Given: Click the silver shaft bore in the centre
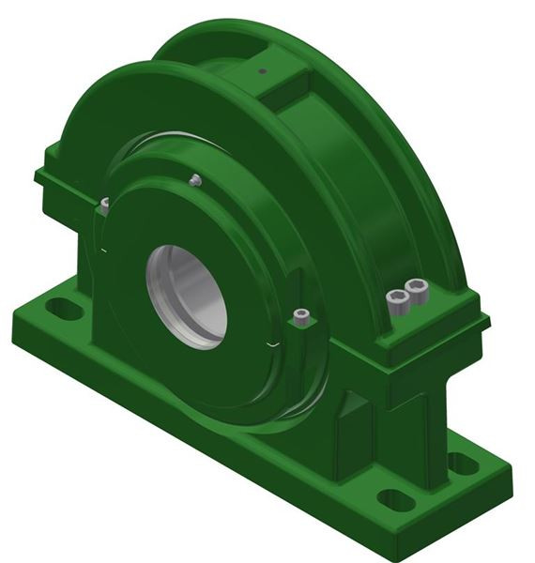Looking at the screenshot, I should pos(187,293).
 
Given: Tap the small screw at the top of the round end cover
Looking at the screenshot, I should pos(194,180).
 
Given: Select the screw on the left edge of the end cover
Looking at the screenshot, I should pos(105,202).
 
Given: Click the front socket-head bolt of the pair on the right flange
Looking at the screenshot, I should pos(398,300).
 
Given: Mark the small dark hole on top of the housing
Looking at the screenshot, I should pos(263,69).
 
